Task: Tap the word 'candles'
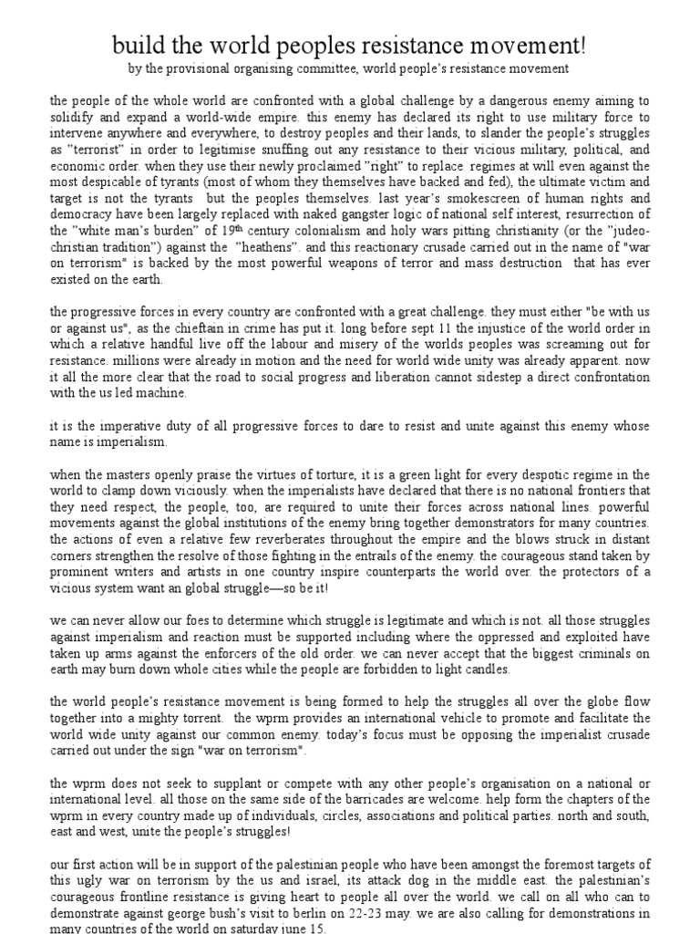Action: tap(488, 669)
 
